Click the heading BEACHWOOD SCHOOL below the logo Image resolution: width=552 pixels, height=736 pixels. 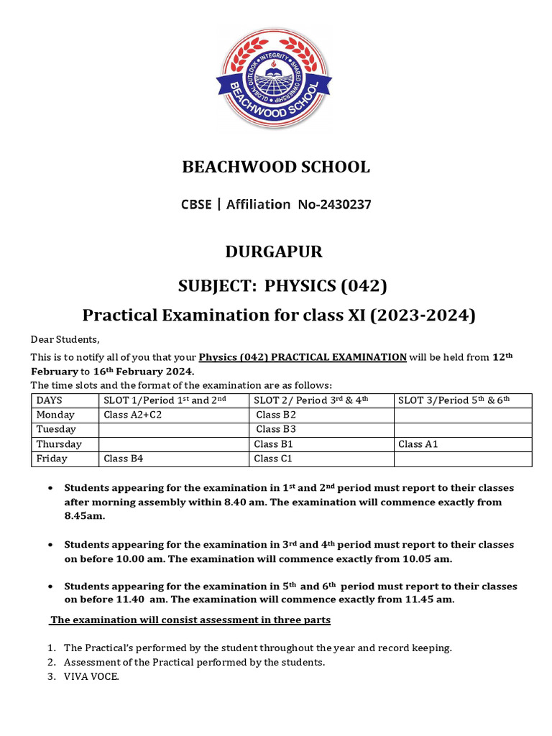(x=275, y=167)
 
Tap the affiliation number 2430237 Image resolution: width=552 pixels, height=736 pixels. (x=344, y=205)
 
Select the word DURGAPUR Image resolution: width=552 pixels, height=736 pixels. (x=274, y=252)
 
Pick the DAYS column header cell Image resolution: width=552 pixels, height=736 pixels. (x=50, y=400)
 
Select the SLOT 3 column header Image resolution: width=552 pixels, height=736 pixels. (x=454, y=400)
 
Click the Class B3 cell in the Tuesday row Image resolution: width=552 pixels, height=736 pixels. (x=276, y=429)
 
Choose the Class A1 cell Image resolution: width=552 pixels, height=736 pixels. (x=418, y=444)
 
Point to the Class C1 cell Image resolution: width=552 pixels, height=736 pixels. (x=273, y=459)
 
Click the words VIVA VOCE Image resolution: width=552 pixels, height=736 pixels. (x=91, y=676)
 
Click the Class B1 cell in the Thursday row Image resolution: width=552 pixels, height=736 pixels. (x=273, y=444)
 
